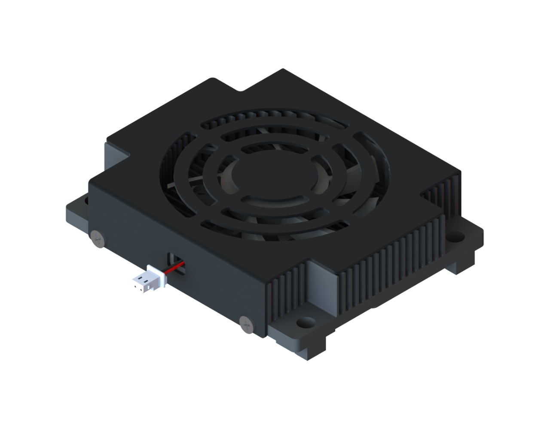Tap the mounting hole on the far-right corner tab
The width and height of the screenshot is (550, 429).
458,236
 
